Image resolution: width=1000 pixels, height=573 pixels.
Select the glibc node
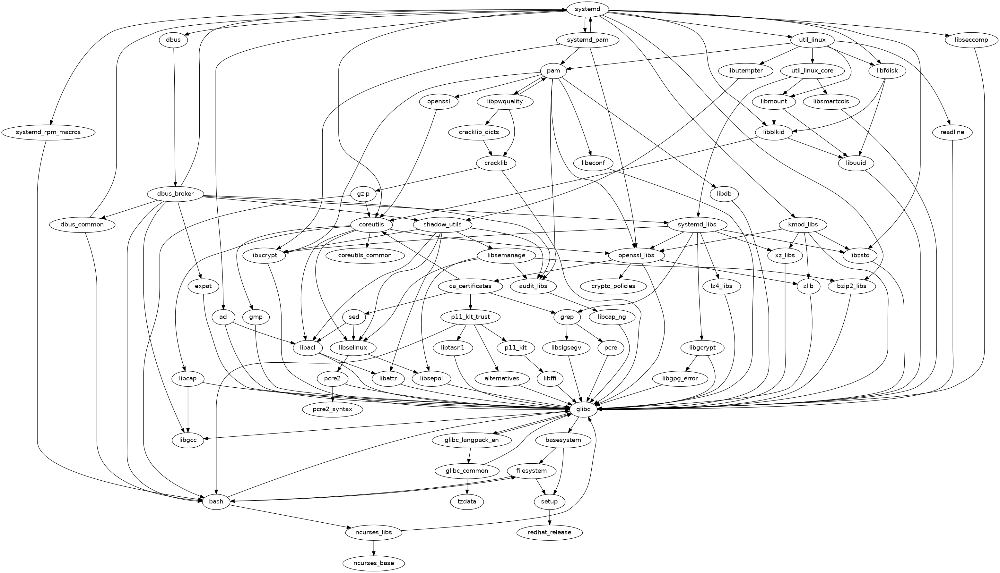click(583, 409)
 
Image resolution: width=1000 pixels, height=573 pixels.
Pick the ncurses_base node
click(373, 563)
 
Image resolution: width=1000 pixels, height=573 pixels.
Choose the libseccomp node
click(971, 40)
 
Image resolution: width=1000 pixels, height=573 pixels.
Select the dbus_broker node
click(175, 194)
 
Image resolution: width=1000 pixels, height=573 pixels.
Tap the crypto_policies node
click(613, 286)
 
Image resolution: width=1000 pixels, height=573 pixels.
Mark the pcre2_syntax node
click(333, 409)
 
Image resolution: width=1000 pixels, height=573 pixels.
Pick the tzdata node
click(467, 501)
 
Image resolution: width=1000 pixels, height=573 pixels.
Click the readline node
click(952, 132)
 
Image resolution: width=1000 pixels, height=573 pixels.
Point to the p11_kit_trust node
click(470, 317)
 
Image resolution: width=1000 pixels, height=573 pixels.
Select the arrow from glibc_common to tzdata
click(467, 486)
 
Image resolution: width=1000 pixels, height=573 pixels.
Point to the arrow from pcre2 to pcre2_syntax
click(333, 394)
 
